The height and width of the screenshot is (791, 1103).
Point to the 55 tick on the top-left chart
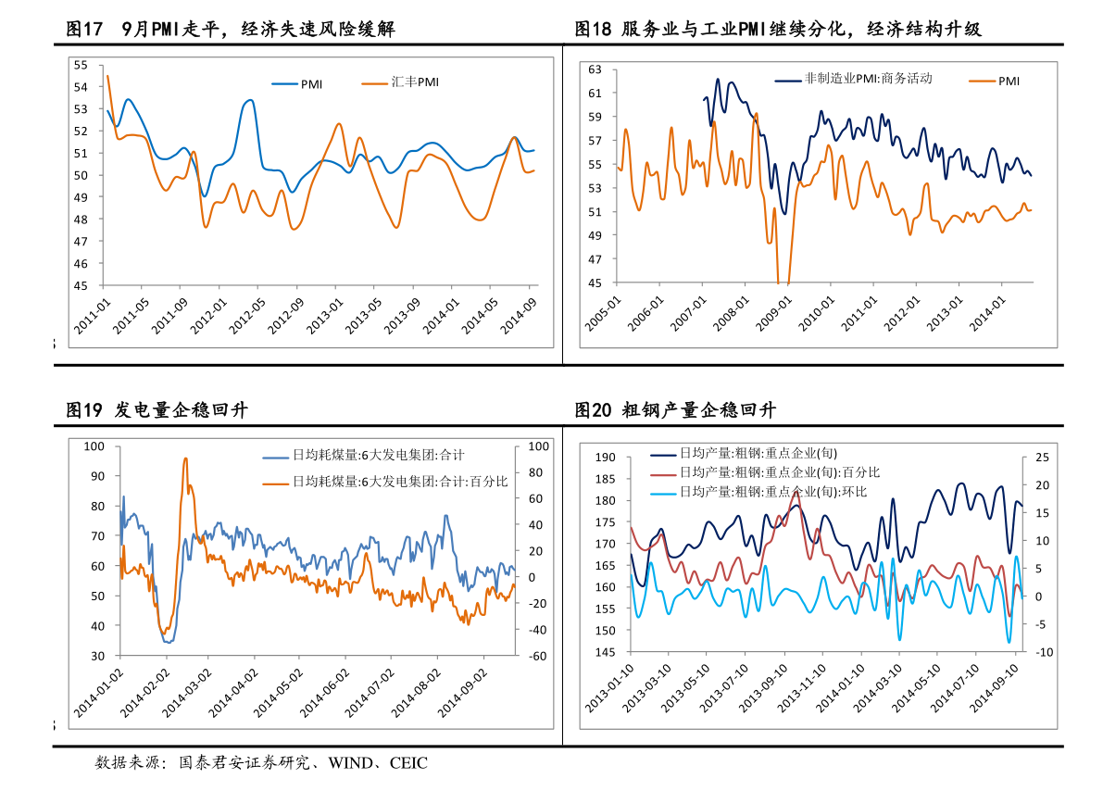click(81, 65)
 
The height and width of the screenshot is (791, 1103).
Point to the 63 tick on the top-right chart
click(595, 69)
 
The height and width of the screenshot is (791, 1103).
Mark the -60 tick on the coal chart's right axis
click(537, 656)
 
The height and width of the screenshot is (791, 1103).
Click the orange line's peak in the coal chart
click(185, 458)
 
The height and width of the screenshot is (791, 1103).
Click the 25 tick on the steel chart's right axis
click(1042, 458)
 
